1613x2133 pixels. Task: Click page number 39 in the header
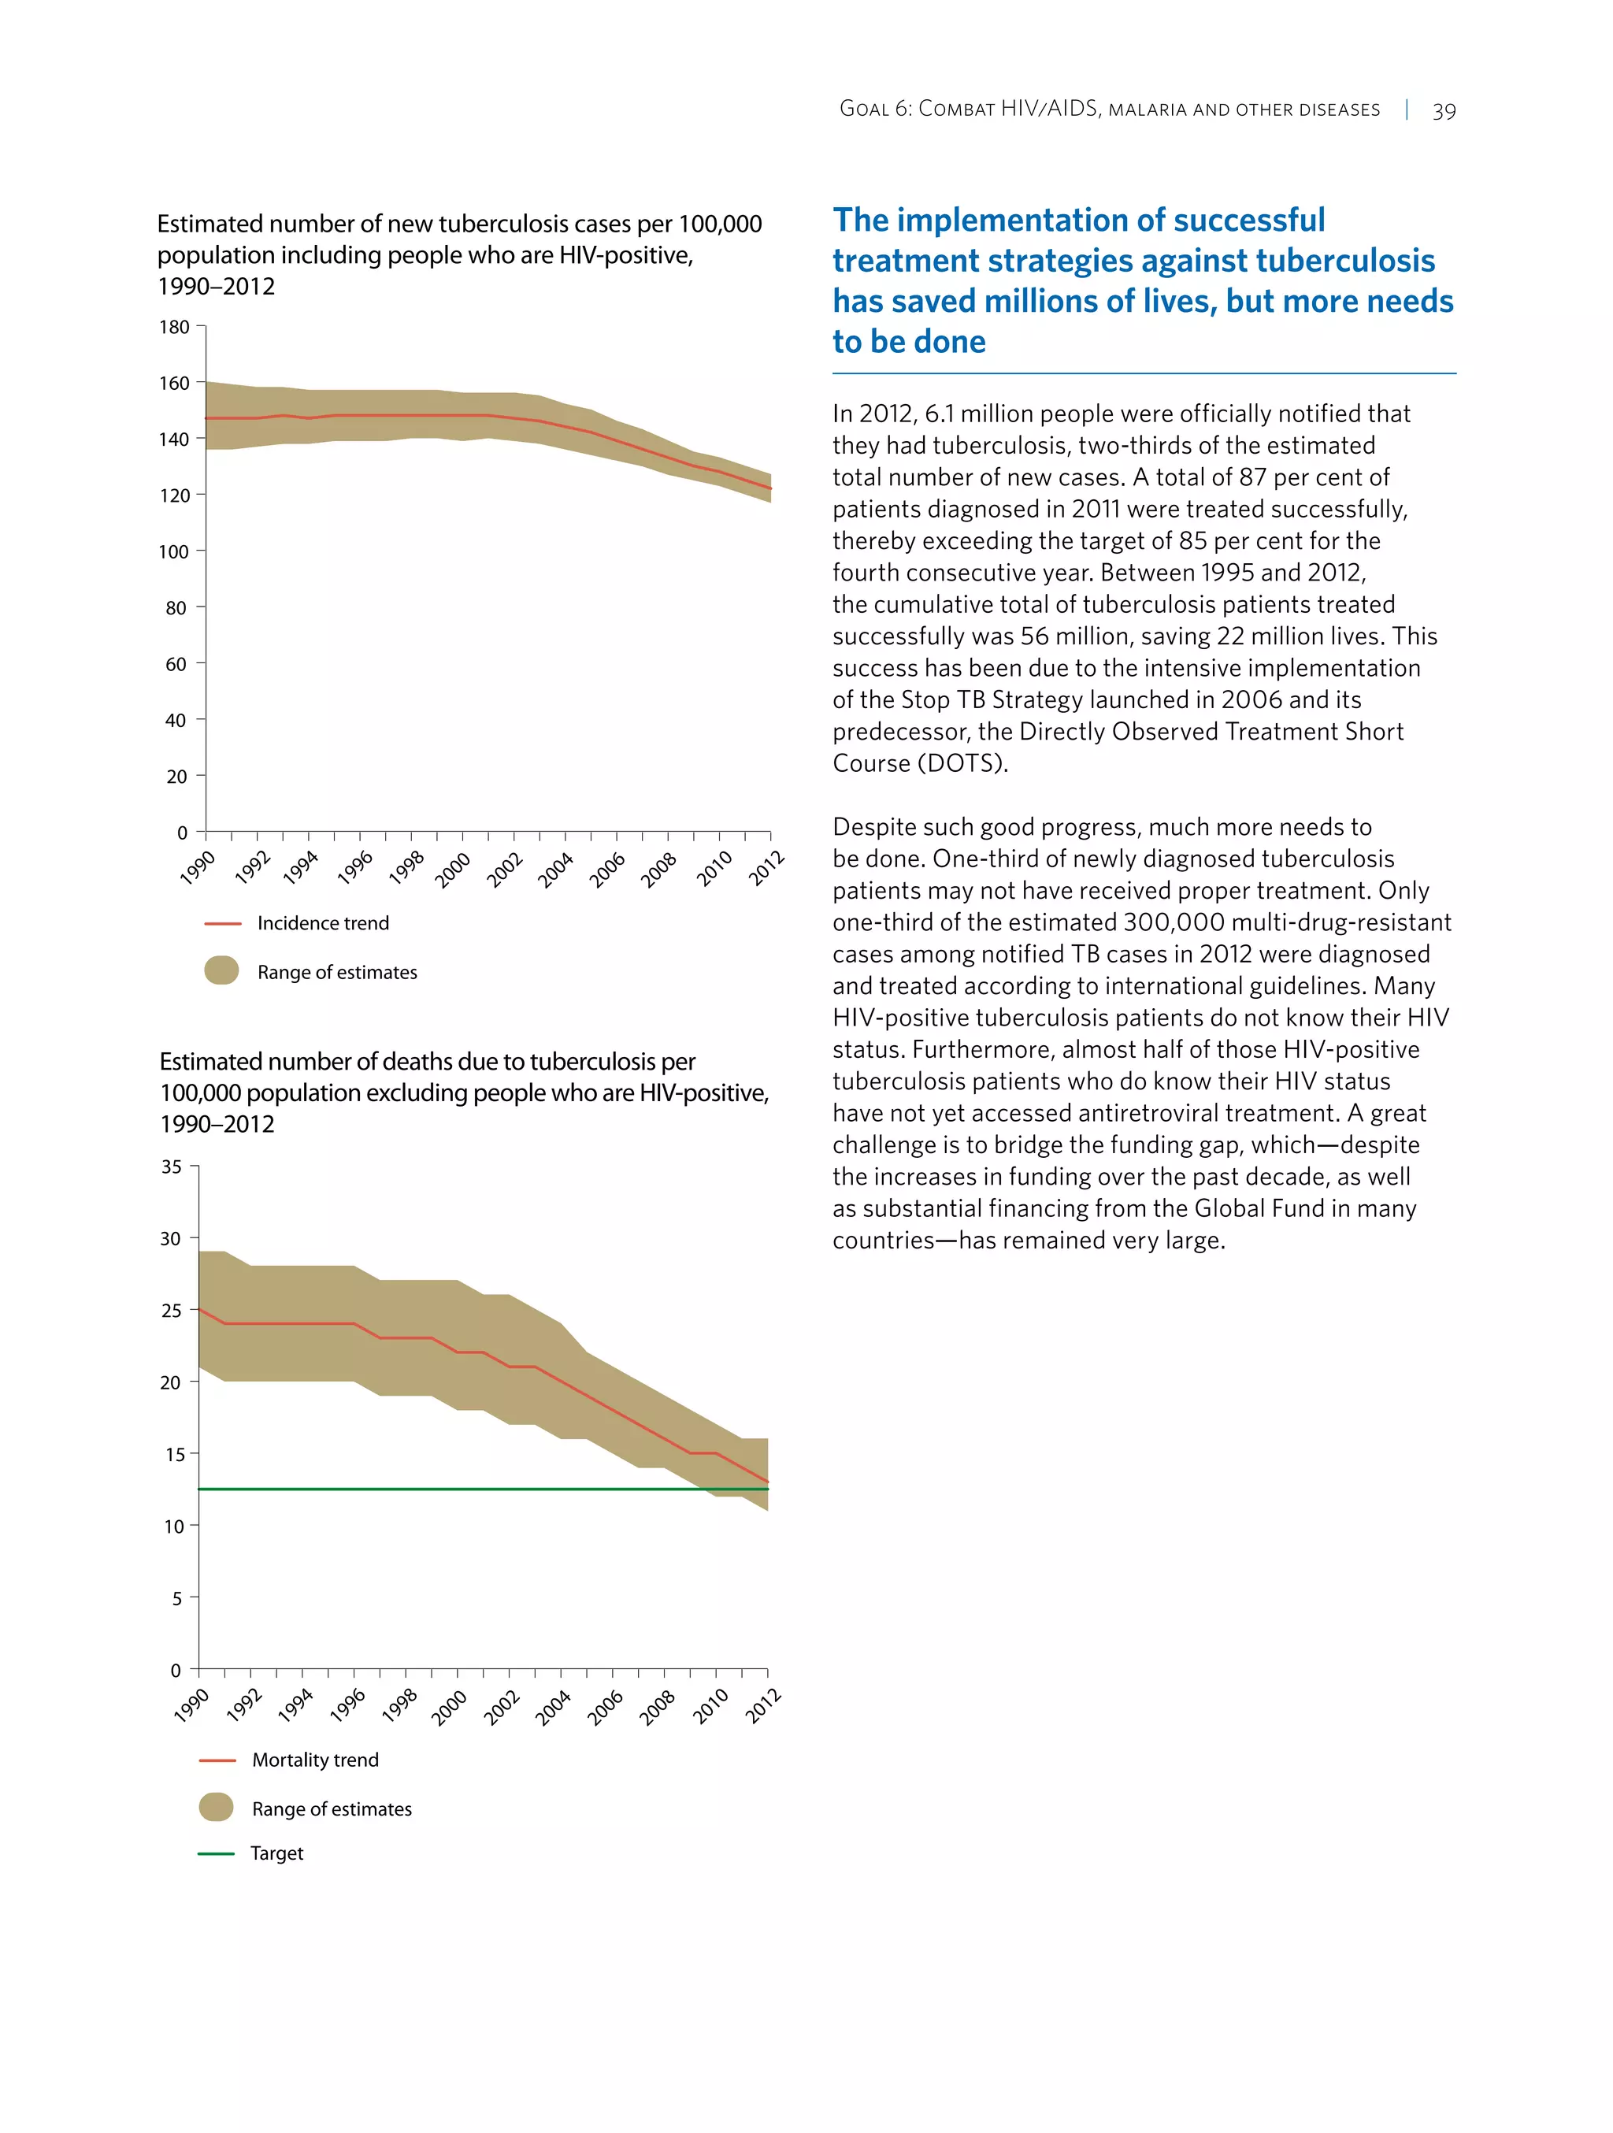(1444, 111)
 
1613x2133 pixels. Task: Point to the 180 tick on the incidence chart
(175, 327)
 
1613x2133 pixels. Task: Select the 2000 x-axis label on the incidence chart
(452, 869)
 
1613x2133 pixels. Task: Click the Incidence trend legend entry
(322, 923)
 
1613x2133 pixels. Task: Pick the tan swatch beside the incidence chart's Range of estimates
(222, 970)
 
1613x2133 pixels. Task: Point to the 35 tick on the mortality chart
(172, 1167)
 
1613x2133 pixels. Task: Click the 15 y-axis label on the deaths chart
(173, 1454)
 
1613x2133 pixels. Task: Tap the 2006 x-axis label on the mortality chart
(606, 1707)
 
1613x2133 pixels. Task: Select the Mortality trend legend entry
(314, 1760)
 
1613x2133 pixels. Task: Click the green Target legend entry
(276, 1853)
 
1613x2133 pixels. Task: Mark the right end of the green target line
(767, 1489)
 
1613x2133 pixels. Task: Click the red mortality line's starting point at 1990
(199, 1310)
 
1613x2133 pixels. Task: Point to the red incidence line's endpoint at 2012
(769, 488)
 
